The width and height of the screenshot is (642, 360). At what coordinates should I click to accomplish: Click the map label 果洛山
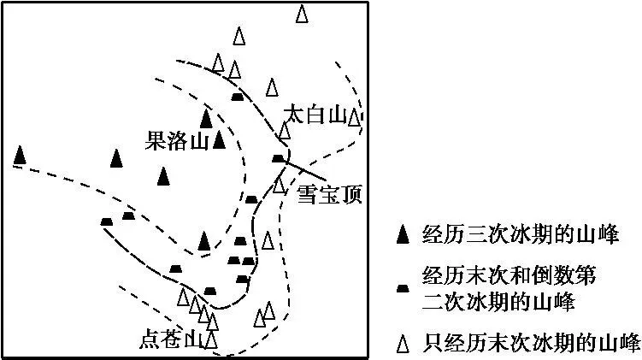point(177,141)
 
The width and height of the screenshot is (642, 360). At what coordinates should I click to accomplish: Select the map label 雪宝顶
point(329,194)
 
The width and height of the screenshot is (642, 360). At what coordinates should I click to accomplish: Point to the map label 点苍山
point(172,340)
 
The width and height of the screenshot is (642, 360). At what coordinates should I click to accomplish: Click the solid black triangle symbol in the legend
point(403,234)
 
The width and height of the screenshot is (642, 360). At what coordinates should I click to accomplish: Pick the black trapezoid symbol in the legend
point(403,289)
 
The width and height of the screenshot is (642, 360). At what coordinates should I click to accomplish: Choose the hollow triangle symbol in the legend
point(403,343)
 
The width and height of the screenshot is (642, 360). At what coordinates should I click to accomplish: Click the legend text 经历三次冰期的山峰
point(521,235)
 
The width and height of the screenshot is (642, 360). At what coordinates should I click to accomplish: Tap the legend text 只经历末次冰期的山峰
point(532,343)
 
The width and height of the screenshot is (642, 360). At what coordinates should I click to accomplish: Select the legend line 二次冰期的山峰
point(498,302)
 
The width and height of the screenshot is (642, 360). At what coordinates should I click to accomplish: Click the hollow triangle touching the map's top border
point(302,14)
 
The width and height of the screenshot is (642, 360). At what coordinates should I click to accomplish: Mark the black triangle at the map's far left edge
point(20,156)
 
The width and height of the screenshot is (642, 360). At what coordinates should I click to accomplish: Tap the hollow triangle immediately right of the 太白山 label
point(354,117)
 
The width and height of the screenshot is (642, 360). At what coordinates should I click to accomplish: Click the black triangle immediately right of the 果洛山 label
point(220,139)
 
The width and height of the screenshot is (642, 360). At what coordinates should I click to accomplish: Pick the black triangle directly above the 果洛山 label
point(206,119)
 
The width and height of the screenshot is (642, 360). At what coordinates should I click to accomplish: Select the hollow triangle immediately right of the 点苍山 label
point(211,339)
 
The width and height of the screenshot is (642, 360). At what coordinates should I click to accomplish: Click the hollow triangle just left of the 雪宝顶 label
point(279,184)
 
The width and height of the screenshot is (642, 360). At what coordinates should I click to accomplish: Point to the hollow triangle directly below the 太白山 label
point(285,130)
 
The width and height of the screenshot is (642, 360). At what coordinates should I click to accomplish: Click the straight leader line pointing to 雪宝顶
point(304,170)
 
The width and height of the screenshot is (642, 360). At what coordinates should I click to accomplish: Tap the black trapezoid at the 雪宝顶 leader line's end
point(279,158)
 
